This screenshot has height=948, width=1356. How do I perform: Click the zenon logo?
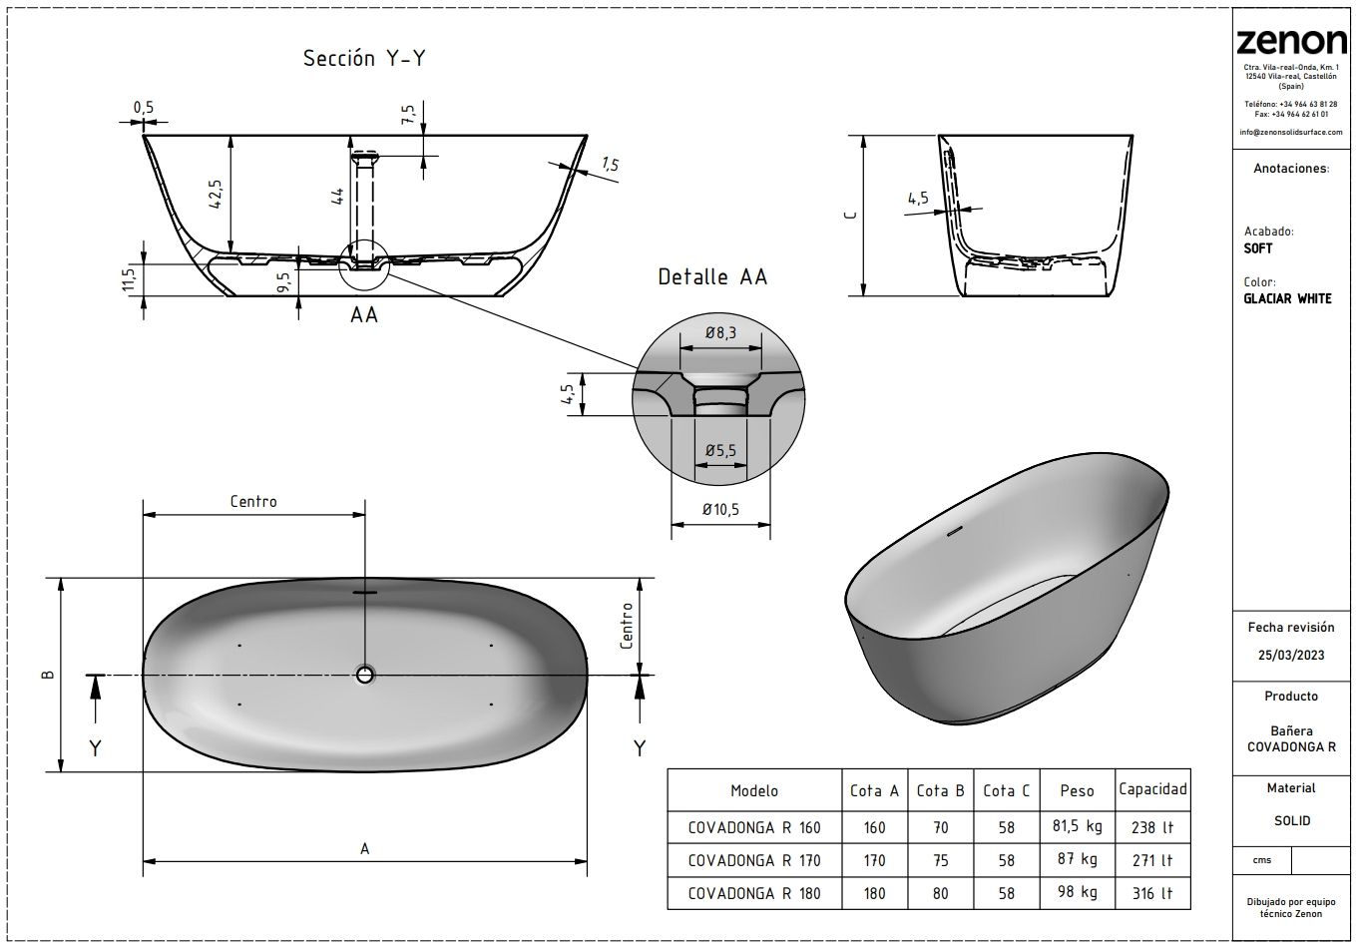click(x=1291, y=42)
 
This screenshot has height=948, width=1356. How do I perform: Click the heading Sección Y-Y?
click(x=364, y=59)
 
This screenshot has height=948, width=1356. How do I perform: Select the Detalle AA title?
click(x=712, y=277)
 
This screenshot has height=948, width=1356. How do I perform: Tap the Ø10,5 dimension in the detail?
click(x=720, y=509)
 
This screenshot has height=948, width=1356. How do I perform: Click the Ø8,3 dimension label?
click(x=720, y=334)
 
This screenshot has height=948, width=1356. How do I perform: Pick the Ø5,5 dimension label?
click(x=720, y=451)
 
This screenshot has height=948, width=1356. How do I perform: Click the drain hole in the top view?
click(x=364, y=676)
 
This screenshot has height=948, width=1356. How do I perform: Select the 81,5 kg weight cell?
click(x=1077, y=826)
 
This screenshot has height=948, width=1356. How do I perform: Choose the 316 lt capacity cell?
click(x=1152, y=893)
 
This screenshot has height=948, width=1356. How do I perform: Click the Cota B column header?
click(x=940, y=790)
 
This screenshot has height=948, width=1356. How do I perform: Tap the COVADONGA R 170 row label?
click(x=754, y=860)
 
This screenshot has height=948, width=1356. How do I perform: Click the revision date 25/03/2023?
click(x=1290, y=655)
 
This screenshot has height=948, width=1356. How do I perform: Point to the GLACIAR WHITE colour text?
click(x=1287, y=298)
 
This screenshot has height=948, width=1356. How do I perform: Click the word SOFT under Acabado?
click(x=1258, y=249)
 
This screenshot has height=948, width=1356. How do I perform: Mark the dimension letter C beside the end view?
click(x=847, y=215)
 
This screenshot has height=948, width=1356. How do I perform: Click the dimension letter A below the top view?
click(x=365, y=848)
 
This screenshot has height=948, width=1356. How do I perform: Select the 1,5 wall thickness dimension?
click(x=610, y=165)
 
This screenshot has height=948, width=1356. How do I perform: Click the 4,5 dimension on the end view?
click(x=918, y=198)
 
